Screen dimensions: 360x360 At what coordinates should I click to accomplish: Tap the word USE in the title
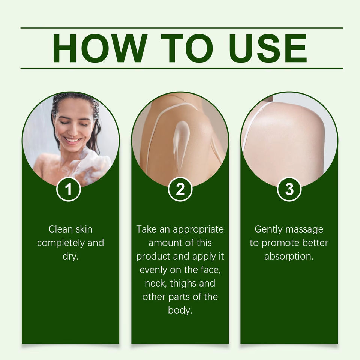tap(268, 48)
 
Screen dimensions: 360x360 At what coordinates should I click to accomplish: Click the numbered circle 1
tap(68, 189)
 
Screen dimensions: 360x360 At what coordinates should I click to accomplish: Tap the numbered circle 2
tap(180, 189)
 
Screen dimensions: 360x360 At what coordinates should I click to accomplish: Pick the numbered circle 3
tap(289, 189)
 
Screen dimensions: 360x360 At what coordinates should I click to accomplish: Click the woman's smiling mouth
tap(72, 140)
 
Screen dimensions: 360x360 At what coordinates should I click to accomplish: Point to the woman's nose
tap(73, 129)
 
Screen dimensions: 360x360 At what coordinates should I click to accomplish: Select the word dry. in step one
tap(71, 256)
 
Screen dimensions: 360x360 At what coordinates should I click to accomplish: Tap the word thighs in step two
tap(183, 283)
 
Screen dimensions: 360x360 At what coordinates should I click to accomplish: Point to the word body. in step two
tap(180, 310)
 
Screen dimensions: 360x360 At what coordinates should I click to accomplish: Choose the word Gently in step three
tap(268, 229)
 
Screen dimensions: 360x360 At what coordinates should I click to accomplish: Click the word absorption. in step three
tap(289, 256)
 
